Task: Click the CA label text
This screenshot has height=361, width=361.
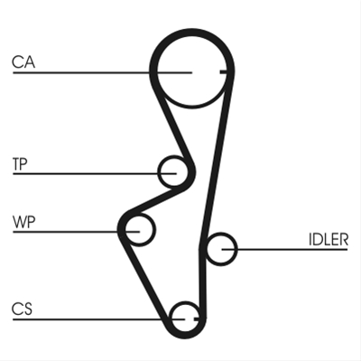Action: point(23,61)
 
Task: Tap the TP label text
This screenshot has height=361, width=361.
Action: point(20,164)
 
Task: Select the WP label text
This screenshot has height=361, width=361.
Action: point(24,222)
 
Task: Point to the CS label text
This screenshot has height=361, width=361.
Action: point(22,309)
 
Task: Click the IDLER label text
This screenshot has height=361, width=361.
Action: point(329,240)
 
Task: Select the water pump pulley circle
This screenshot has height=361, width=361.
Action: point(154,230)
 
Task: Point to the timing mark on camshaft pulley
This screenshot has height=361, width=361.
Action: point(224,72)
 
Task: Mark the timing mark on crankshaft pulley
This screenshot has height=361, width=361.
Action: point(197,319)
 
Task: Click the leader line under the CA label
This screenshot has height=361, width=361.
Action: point(102,72)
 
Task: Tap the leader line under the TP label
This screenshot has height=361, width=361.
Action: point(95,173)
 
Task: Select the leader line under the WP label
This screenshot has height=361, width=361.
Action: point(77,232)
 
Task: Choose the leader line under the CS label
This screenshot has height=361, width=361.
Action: point(98,319)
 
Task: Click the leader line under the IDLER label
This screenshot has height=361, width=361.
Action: point(284,249)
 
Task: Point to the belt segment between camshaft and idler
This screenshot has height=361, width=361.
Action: point(216,160)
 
